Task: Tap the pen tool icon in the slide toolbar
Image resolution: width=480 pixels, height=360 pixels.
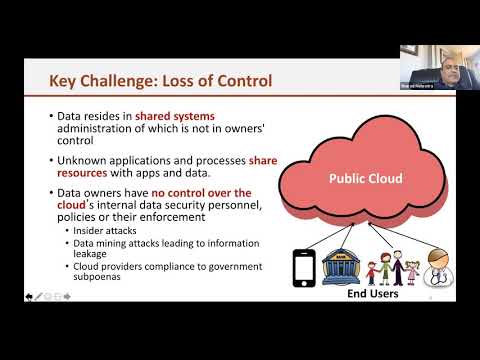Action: pyautogui.click(x=38, y=298)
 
